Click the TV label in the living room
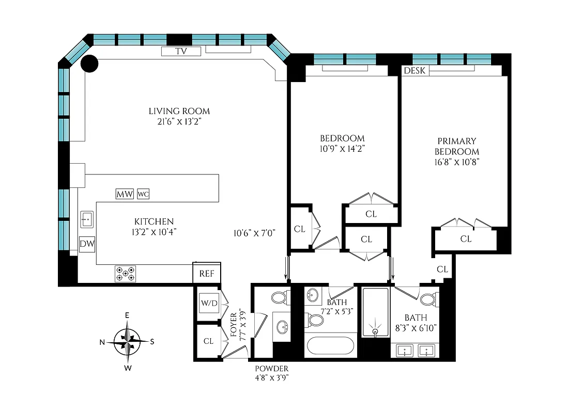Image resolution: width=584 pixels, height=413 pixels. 181,51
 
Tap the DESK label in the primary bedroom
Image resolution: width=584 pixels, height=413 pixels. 414,70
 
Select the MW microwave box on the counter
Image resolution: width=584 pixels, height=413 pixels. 125,194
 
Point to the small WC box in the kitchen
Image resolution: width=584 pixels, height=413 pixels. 143,194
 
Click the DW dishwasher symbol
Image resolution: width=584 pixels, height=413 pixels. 87,244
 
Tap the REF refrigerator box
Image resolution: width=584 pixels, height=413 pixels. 206,274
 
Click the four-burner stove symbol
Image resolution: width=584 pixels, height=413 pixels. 125,274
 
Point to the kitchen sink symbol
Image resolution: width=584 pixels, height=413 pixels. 86,219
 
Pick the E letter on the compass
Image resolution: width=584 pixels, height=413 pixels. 127,315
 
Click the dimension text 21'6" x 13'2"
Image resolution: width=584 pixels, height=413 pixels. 179,121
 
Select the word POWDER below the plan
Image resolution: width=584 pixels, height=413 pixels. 271,369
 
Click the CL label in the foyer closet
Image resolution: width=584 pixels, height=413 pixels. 208,341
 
